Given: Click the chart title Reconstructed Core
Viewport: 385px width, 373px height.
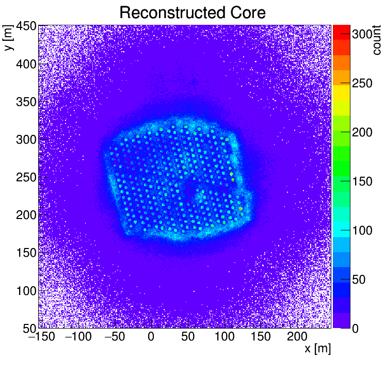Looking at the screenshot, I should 192,12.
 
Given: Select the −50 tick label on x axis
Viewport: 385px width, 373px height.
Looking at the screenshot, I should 114,337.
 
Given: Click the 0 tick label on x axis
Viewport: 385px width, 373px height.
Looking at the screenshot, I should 151,337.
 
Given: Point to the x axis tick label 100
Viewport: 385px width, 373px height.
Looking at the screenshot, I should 224,337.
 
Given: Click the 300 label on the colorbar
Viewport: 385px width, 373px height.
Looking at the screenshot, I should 362,35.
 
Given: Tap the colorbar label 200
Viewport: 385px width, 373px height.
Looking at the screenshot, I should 362,132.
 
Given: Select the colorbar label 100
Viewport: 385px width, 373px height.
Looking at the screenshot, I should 362,230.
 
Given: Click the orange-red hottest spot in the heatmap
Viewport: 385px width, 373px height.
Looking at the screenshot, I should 240,209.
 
